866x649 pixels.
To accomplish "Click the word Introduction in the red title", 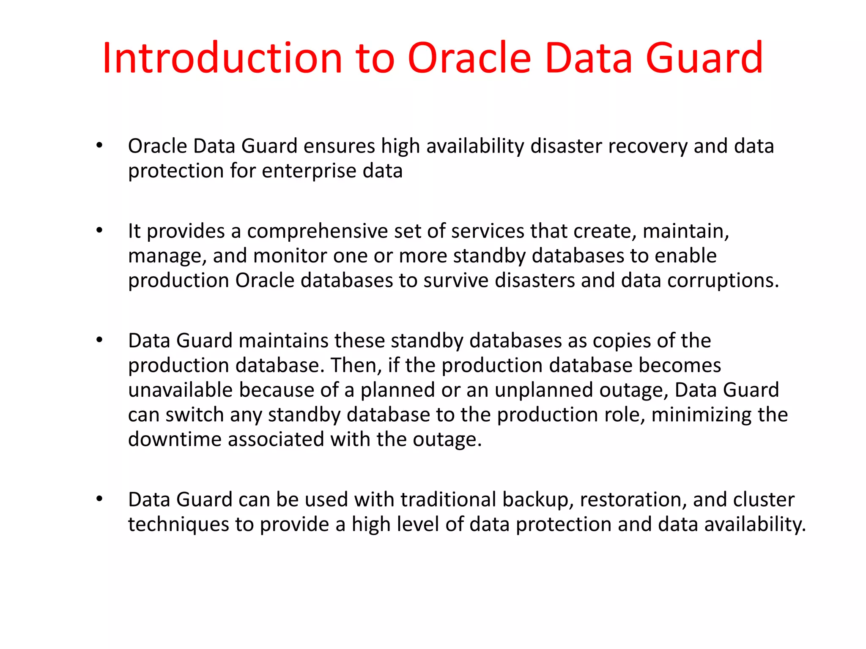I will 222,58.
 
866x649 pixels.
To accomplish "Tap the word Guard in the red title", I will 704,58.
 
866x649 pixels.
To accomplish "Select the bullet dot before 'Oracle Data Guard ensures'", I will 99,146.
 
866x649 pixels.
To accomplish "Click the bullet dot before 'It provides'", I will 99,231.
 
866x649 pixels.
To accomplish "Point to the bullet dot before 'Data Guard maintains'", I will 99,340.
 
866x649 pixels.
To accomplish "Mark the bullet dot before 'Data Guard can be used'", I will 99,499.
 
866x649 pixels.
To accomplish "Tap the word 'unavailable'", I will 181,390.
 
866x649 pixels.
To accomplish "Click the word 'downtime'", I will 175,439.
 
